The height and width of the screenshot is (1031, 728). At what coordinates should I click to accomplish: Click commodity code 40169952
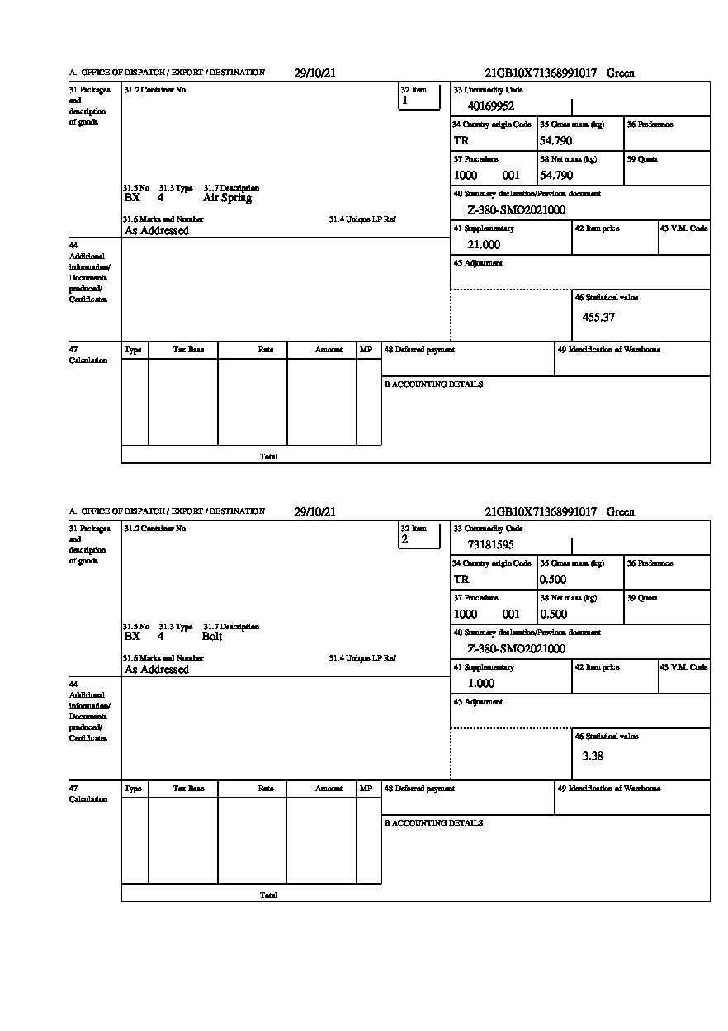point(491,106)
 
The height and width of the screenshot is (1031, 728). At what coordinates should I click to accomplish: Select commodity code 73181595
point(491,544)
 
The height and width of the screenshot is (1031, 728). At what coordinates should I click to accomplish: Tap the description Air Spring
point(227,198)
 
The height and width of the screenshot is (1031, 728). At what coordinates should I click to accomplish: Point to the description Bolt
point(212,637)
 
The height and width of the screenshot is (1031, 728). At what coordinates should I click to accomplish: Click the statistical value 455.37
point(598,317)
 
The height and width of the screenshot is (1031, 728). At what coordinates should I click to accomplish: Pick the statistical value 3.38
point(593,756)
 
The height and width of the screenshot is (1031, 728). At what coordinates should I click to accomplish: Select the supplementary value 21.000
point(484,245)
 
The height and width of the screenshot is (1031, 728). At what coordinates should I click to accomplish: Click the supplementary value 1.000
point(481,684)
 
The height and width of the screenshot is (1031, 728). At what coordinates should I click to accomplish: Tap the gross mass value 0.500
point(553,580)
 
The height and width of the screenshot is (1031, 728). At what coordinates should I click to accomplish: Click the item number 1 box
point(419,97)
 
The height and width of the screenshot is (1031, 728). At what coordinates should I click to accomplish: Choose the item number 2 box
point(419,536)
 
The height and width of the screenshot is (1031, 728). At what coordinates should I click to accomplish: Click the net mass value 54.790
point(556,176)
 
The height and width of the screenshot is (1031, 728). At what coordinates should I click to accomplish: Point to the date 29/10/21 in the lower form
point(314,511)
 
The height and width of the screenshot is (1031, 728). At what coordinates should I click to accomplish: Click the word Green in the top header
point(621,73)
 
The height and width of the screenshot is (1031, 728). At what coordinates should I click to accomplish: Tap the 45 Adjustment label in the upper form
point(478,263)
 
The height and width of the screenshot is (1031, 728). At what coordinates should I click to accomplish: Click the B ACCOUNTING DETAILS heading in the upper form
point(433,384)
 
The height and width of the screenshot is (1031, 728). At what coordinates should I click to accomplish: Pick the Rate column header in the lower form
point(266,789)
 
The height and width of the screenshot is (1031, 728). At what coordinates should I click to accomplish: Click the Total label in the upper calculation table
point(268,456)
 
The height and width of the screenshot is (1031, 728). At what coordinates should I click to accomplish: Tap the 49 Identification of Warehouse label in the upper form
point(609,350)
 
